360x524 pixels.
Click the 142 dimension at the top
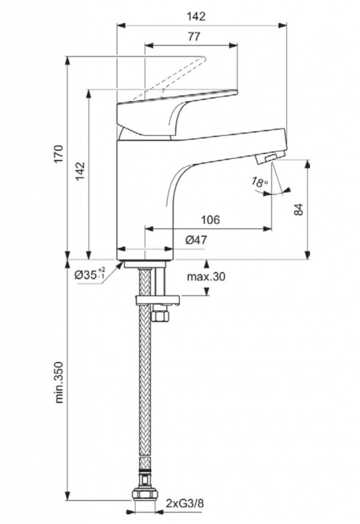(194, 16)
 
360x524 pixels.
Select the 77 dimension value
(194, 37)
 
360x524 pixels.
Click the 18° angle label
(260, 182)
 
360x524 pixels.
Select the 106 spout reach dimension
(210, 220)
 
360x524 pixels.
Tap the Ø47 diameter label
(196, 239)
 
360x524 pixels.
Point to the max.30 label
(206, 277)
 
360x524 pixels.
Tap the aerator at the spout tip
(269, 158)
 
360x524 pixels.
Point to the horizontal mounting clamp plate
(156, 299)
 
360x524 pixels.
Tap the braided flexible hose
(145, 389)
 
